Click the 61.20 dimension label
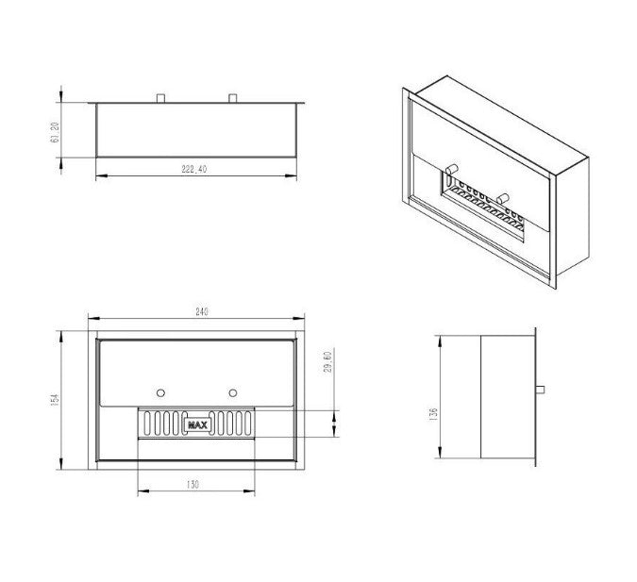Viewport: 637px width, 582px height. [56, 132]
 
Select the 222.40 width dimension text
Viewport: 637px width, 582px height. [194, 169]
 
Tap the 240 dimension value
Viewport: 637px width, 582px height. [202, 312]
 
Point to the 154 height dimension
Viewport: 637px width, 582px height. [56, 399]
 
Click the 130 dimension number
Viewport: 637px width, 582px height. [193, 485]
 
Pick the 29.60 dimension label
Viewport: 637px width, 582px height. [328, 361]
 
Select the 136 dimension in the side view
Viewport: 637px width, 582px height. [433, 413]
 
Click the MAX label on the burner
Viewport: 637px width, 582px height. [197, 425]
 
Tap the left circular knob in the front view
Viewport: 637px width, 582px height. [160, 393]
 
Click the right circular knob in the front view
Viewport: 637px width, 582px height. [233, 393]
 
